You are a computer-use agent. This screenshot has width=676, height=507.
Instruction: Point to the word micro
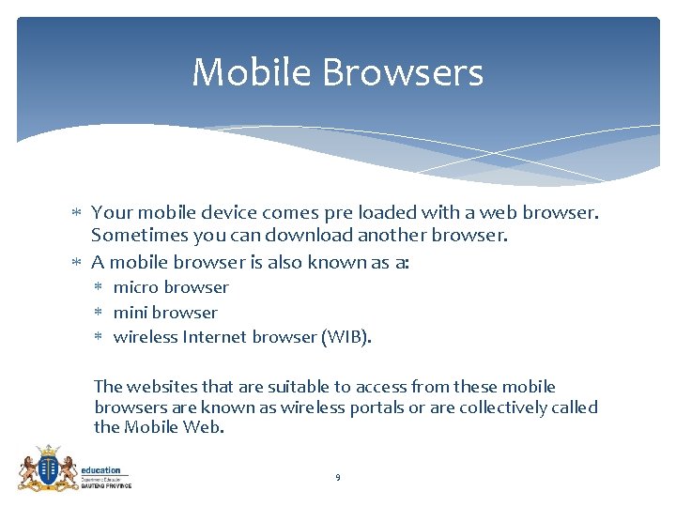click(136, 287)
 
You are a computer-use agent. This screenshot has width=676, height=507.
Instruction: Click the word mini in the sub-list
click(130, 313)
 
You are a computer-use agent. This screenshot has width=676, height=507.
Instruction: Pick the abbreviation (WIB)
click(346, 337)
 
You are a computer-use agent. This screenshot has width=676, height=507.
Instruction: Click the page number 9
click(338, 478)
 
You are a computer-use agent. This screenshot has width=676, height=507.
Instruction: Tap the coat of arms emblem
click(47, 468)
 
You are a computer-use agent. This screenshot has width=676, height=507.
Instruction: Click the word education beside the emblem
click(100, 470)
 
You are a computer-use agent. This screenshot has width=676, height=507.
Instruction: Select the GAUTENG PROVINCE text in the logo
click(106, 485)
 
